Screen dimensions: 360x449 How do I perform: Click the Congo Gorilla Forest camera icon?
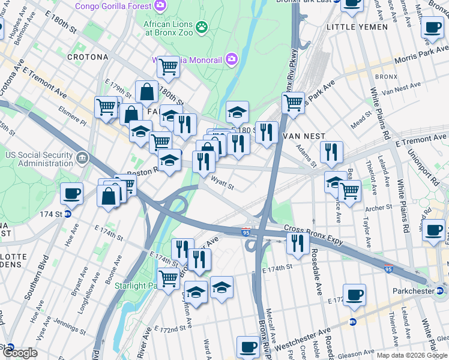(x=160, y=6)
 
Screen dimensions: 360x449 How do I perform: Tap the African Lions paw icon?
(x=202, y=26)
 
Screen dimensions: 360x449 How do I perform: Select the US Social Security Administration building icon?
(x=82, y=159)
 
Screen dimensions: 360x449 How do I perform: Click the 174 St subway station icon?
(x=68, y=214)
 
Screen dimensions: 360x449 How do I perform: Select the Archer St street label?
(x=379, y=208)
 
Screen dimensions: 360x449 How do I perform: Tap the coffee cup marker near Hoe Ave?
(x=71, y=193)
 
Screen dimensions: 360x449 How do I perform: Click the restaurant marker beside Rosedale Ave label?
(x=297, y=242)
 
